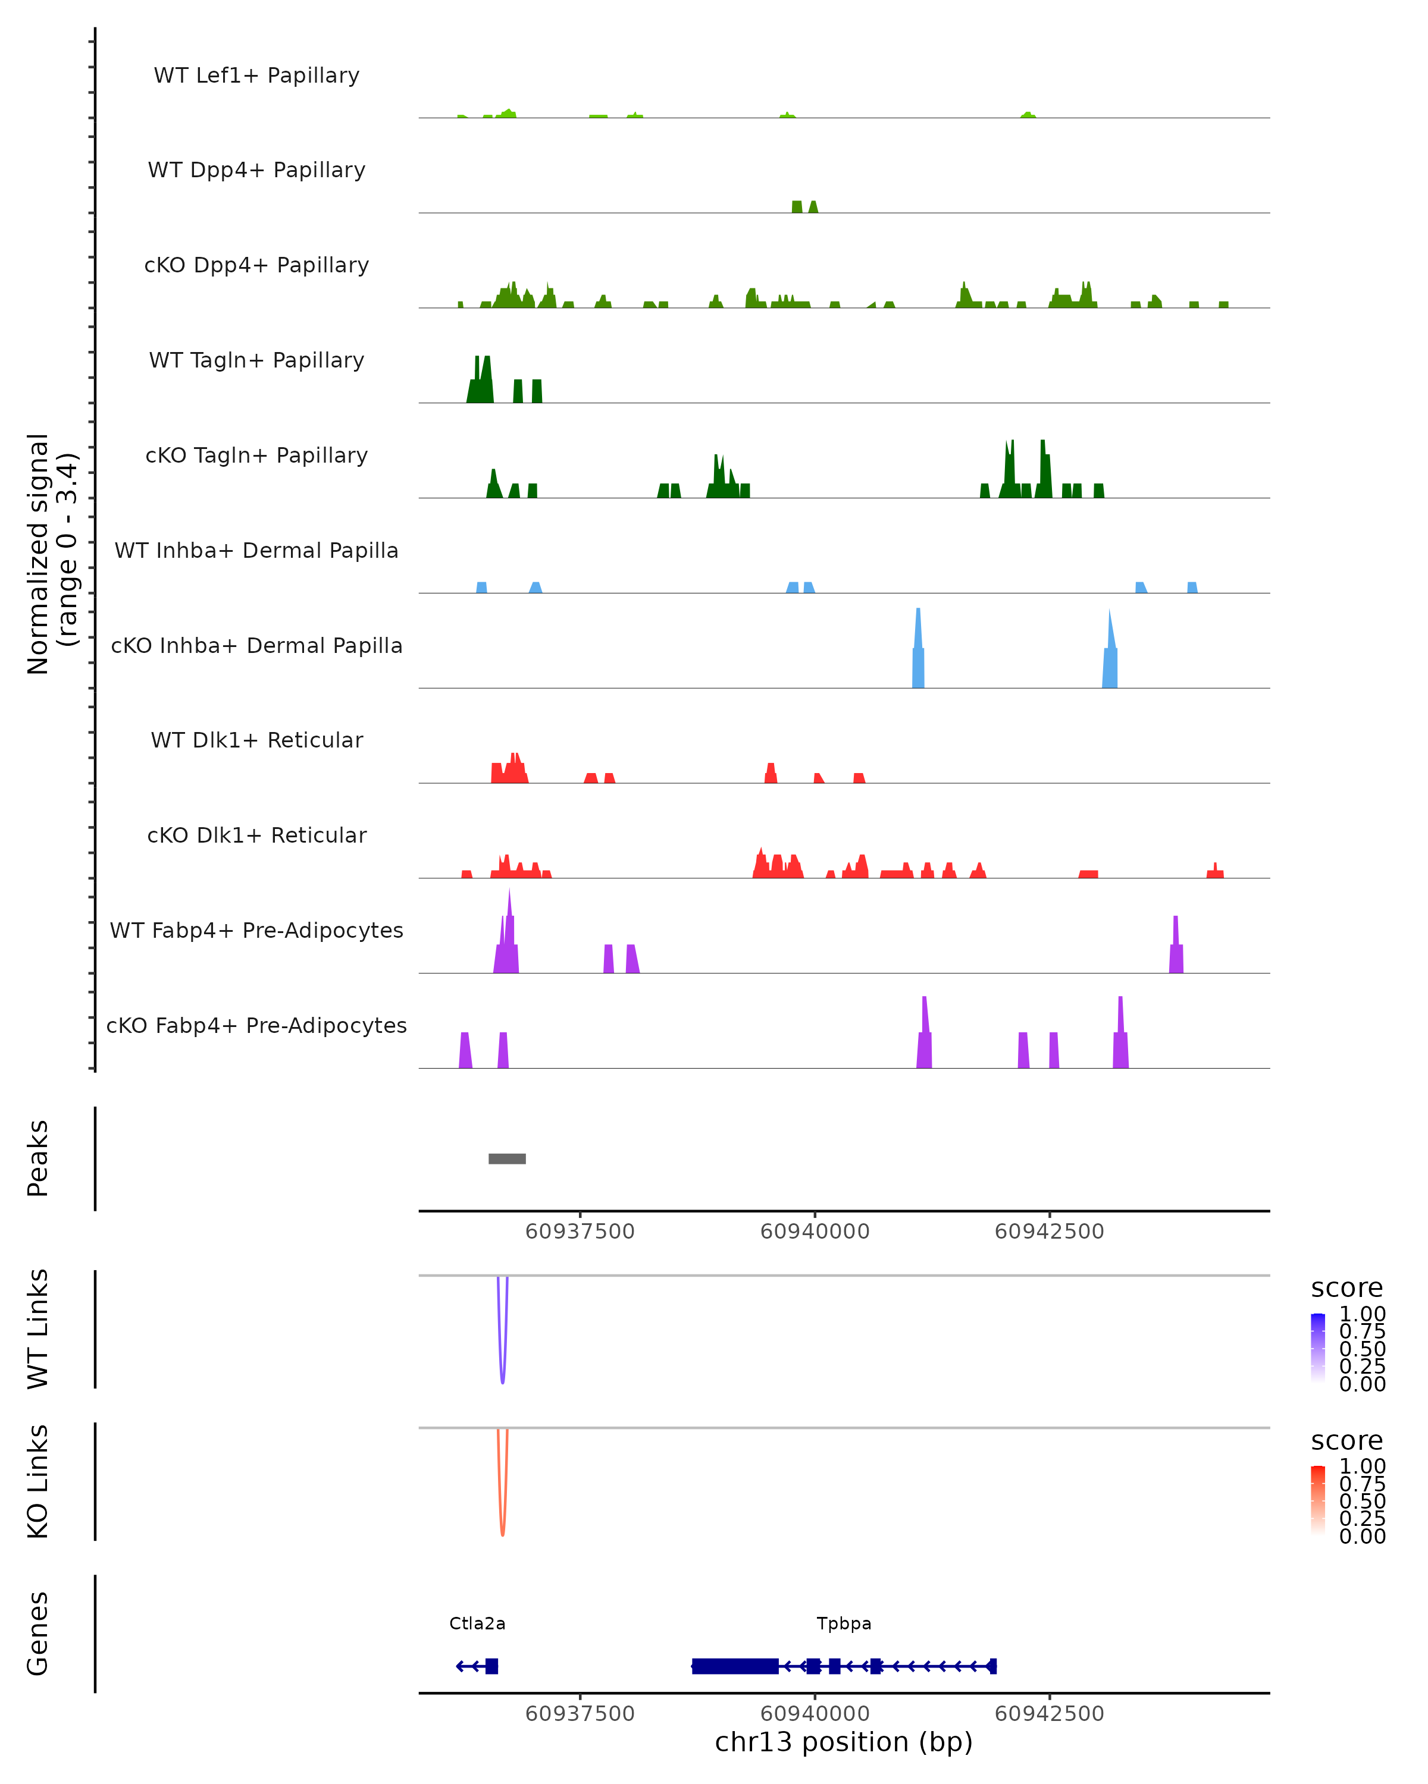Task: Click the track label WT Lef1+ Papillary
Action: tap(256, 76)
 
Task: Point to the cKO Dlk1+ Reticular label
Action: tap(256, 835)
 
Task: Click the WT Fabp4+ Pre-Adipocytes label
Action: tap(256, 930)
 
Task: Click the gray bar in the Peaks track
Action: tap(506, 1158)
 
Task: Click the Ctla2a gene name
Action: tap(477, 1623)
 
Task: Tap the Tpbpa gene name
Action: tap(844, 1623)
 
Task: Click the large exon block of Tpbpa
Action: tap(735, 1666)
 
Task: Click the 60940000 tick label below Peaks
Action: tap(815, 1232)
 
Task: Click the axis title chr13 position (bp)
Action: tap(844, 1742)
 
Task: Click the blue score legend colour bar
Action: tap(1318, 1347)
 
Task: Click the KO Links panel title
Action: tap(38, 1481)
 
